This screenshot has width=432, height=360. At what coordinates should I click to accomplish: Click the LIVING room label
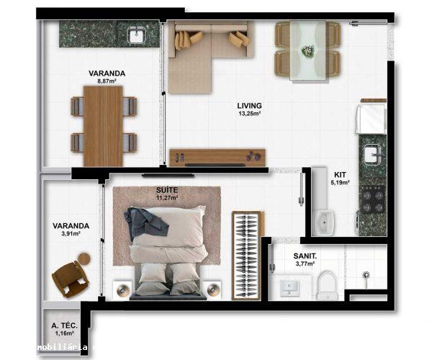[x=249, y=106]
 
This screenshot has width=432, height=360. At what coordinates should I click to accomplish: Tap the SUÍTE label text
[x=167, y=189]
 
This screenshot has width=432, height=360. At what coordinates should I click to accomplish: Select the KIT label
[x=340, y=174]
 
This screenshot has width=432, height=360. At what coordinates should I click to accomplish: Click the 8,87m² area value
[x=107, y=81]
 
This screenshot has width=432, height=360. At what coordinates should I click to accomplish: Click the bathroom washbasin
[x=291, y=288]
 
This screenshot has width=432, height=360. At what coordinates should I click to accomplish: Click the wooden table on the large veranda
[x=104, y=125]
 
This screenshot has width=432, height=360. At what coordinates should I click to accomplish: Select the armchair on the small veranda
[x=70, y=277]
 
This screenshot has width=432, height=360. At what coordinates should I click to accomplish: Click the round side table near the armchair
[x=85, y=258]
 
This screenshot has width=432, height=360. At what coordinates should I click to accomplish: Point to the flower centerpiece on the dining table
[x=308, y=51]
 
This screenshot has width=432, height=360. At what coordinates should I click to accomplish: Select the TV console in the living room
[x=217, y=156]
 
